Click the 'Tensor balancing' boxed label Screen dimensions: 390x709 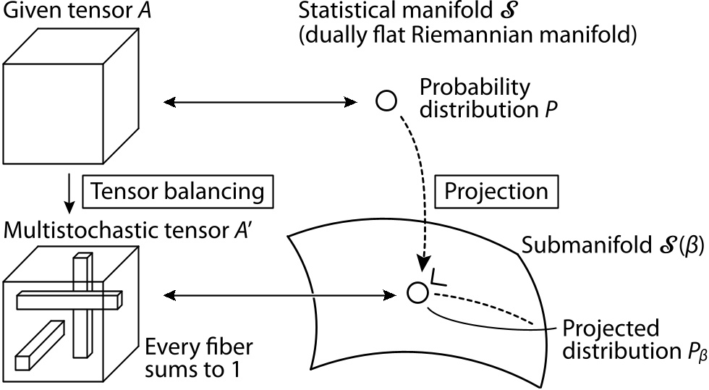(x=179, y=192)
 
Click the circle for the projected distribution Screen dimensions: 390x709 (x=417, y=292)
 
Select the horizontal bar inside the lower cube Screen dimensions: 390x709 (x=68, y=298)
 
